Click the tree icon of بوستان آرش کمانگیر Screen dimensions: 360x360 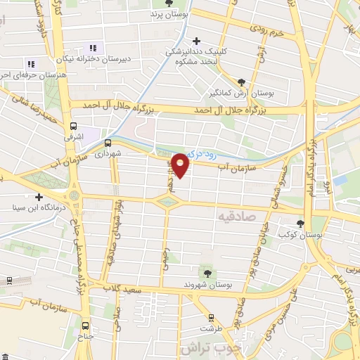click(x=242, y=82)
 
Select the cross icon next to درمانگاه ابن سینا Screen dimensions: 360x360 click(x=39, y=197)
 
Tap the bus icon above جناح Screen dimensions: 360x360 click(x=86, y=325)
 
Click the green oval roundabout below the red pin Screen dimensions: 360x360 click(x=167, y=202)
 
